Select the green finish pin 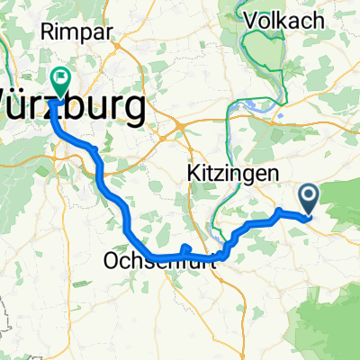pyautogui.click(x=61, y=82)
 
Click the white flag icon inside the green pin pyautogui.click(x=61, y=77)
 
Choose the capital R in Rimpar pyautogui.click(x=46, y=31)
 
